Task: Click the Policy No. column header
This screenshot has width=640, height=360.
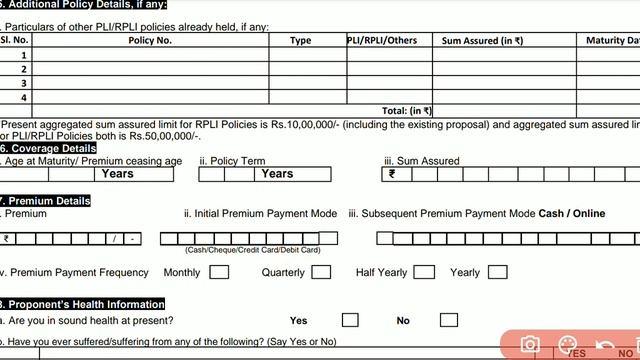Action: coord(150,40)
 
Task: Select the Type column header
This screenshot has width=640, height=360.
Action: coord(300,40)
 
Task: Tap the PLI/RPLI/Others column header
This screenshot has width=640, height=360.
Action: coord(381,40)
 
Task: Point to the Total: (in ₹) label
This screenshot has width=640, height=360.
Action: coord(406,111)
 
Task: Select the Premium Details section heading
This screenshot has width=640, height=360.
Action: coord(48,201)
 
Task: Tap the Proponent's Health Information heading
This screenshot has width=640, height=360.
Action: coord(85,304)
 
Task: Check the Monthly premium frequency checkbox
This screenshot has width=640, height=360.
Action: coord(219,272)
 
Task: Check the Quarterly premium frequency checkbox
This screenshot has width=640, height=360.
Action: coord(321,272)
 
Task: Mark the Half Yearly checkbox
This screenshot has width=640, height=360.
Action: coord(424,272)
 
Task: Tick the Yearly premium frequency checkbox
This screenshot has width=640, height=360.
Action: coord(497,272)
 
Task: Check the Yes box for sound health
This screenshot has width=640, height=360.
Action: coord(350,320)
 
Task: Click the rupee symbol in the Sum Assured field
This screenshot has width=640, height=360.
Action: coord(392,174)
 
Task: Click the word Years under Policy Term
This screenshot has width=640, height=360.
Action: coord(277,174)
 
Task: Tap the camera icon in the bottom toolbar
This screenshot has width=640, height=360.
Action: coord(529,346)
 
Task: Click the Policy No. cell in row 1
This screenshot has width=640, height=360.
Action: coord(150,55)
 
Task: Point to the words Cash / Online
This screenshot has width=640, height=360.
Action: coord(572,214)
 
